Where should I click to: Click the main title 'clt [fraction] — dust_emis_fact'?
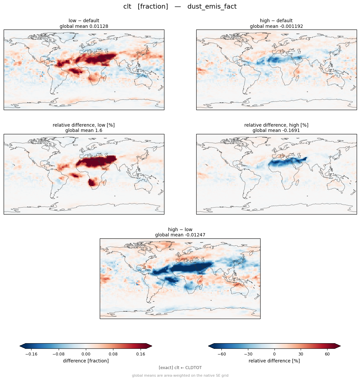coord(180,7)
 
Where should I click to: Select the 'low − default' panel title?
coord(84,21)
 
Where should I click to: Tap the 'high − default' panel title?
coord(276,21)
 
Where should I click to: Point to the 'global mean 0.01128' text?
coord(84,26)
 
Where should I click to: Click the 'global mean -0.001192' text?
coord(276,26)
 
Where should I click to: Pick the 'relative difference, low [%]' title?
coord(84,125)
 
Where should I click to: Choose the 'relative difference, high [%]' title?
coord(276,125)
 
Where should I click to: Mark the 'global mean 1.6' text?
coord(84,131)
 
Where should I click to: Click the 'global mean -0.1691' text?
coord(276,131)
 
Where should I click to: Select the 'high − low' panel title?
coord(180,229)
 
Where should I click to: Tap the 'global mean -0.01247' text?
coord(180,235)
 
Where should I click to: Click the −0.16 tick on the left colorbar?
coord(31,354)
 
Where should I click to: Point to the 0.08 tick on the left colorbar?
coord(113,354)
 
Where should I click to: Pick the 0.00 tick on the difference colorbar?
coord(86,354)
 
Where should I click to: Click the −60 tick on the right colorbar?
coord(221,354)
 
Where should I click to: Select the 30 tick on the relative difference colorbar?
coord(301,354)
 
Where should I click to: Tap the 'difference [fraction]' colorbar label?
coord(86,361)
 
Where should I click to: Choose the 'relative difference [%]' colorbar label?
coord(274,361)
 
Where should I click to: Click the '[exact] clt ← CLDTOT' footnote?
coord(180,368)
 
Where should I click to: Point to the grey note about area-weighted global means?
coord(180,375)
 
